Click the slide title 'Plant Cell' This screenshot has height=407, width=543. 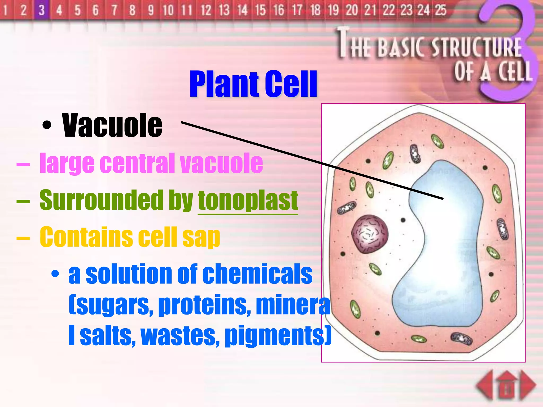pyautogui.click(x=253, y=84)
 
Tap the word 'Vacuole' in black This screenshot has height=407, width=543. pyautogui.click(x=112, y=125)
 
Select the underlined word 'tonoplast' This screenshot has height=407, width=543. pyautogui.click(x=248, y=200)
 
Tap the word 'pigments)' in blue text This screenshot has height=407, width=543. pyautogui.click(x=278, y=336)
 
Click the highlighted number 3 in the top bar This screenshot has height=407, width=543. pyautogui.click(x=41, y=10)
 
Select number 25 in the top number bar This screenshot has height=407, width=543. pyautogui.click(x=440, y=10)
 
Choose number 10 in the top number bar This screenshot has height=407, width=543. pyautogui.click(x=168, y=10)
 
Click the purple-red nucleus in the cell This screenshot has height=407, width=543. pyautogui.click(x=370, y=234)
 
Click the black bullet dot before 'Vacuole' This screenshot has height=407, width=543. pyautogui.click(x=47, y=125)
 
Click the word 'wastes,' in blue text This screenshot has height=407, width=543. pyautogui.click(x=181, y=336)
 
